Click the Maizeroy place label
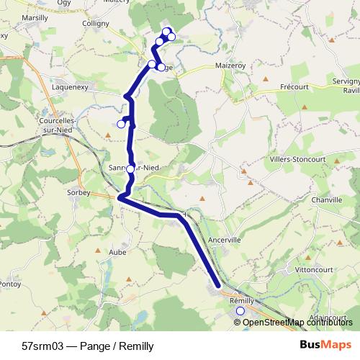(230, 65)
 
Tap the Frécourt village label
(293, 86)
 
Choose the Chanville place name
(327, 199)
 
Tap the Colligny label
(96, 23)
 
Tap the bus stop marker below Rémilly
(240, 311)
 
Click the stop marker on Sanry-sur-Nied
(130, 169)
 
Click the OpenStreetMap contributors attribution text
(297, 323)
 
